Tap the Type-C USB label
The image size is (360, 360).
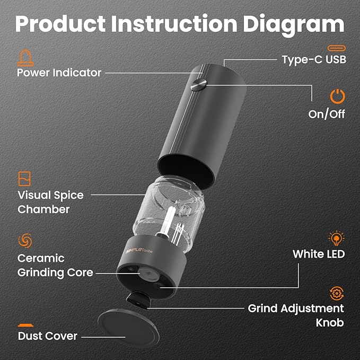(314, 59)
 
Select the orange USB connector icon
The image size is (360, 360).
(337, 48)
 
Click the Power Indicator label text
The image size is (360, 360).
(59, 73)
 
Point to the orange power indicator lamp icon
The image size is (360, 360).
(25, 58)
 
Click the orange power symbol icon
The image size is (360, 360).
(338, 96)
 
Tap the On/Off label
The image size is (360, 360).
(327, 114)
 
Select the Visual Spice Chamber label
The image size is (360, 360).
(50, 202)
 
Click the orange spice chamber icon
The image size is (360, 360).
(24, 179)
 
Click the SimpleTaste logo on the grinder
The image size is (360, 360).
(139, 251)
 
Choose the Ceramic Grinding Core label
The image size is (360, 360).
(55, 265)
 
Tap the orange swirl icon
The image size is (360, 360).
(25, 241)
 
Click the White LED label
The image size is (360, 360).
(319, 254)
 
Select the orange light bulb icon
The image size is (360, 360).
(336, 238)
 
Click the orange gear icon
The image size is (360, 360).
(337, 293)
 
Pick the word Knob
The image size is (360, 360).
(330, 322)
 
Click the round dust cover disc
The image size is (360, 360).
(128, 328)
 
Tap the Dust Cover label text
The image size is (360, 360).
(48, 336)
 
